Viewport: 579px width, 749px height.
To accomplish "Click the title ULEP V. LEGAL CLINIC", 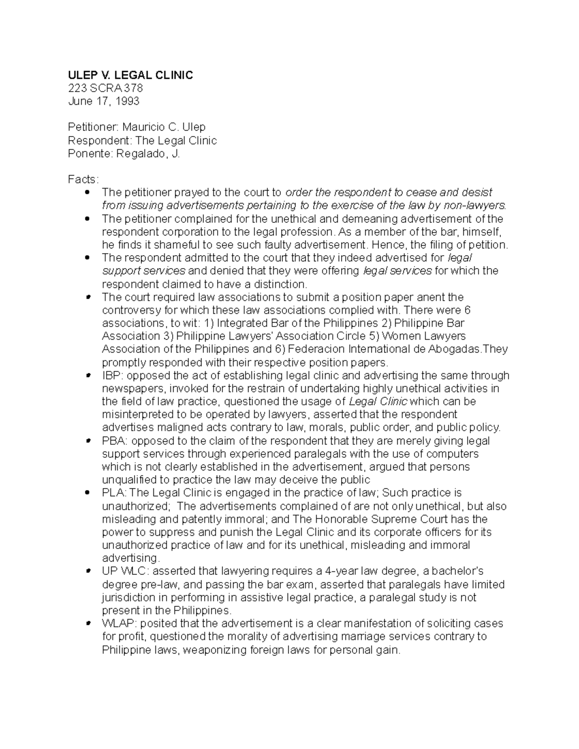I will [x=130, y=75].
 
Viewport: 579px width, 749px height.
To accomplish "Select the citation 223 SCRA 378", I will [x=106, y=88].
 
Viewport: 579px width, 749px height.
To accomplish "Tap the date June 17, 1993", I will [x=104, y=101].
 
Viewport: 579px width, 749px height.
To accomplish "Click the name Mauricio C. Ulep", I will [x=164, y=127].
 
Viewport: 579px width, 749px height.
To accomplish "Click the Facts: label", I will [x=83, y=179].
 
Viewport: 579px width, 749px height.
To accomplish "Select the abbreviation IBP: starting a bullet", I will [x=112, y=376].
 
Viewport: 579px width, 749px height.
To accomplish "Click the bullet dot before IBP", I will [x=87, y=376].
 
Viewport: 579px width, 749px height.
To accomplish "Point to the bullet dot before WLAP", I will [x=87, y=624].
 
